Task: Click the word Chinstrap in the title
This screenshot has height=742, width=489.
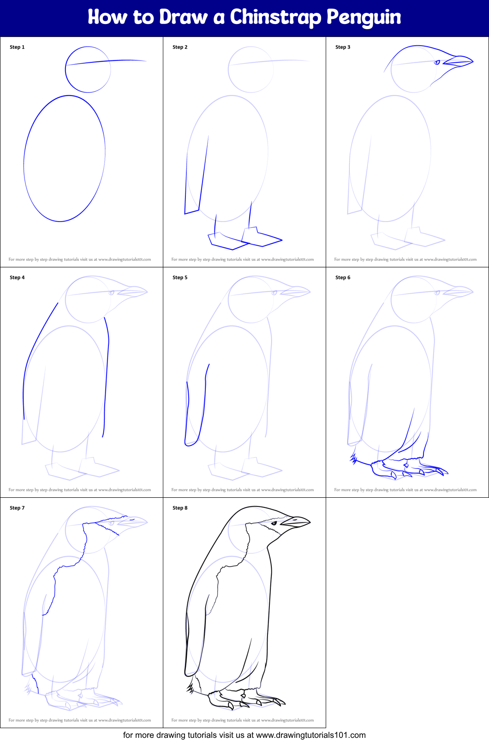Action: [275, 18]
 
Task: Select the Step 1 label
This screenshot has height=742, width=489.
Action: [17, 47]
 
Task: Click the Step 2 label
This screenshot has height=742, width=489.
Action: [180, 47]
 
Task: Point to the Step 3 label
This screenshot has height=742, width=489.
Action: [343, 47]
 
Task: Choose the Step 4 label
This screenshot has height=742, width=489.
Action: [17, 277]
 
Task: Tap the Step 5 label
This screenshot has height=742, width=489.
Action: [180, 277]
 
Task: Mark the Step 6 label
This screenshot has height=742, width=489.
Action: [343, 277]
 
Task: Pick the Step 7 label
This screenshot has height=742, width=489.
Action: [17, 508]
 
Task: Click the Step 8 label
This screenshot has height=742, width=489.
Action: [180, 508]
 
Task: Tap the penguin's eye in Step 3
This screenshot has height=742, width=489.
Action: [437, 62]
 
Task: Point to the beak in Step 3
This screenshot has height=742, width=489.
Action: [459, 60]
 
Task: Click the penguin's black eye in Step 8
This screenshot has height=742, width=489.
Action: [274, 523]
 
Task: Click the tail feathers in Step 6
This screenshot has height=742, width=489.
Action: [354, 458]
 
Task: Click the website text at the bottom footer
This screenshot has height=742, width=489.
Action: [244, 735]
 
